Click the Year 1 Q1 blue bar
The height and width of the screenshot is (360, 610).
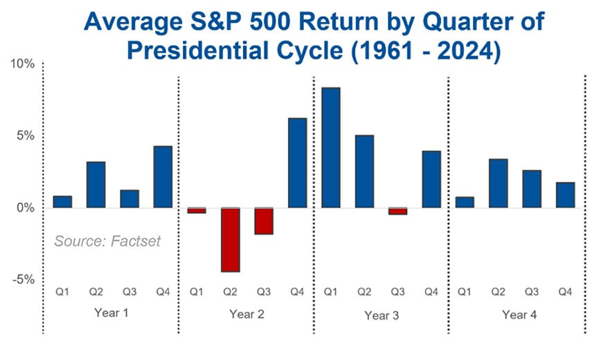[x=62, y=201]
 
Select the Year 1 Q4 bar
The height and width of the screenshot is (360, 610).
[x=163, y=177]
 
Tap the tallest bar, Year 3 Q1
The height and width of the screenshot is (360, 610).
[x=330, y=147]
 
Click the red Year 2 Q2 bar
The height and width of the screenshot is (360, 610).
[x=230, y=240]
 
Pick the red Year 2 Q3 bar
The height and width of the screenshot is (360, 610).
[x=263, y=221]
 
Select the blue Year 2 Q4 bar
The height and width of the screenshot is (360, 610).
[x=297, y=163]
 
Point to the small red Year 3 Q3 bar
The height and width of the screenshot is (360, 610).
[x=397, y=211]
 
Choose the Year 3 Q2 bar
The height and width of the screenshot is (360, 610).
[x=364, y=171]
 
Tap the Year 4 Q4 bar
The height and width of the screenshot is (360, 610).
[x=565, y=195]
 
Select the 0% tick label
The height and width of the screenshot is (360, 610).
[x=25, y=208]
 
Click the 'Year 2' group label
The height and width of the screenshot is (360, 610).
[x=246, y=314]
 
